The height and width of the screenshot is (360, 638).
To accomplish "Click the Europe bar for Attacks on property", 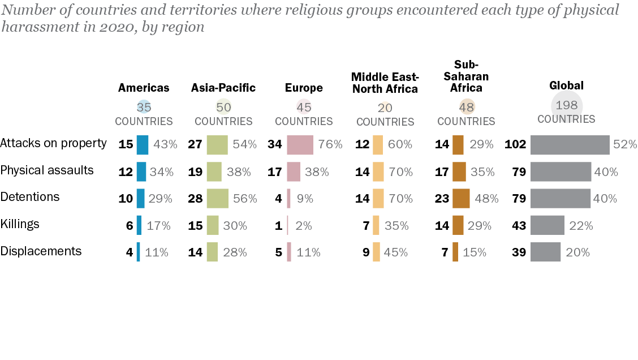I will [x=300, y=144].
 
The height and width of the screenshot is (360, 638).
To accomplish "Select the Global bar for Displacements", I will [x=545, y=252].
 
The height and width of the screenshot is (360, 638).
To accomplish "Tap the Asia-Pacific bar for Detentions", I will [x=217, y=199].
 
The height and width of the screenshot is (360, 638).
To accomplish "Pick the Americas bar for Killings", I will [x=139, y=225].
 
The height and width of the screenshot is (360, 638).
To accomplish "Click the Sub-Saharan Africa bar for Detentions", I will [x=461, y=199].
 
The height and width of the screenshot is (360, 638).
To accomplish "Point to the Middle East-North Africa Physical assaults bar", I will [x=378, y=172].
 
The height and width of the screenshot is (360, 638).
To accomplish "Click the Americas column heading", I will [x=144, y=88].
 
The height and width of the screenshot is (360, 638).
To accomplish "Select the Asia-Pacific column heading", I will [x=223, y=88].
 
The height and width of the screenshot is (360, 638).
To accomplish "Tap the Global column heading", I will [x=566, y=86].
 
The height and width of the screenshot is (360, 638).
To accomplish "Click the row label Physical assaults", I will [x=47, y=170].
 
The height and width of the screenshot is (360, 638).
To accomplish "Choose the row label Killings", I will [x=20, y=224].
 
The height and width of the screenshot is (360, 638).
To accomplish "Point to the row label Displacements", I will [x=41, y=251].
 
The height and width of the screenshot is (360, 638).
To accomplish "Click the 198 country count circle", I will [x=567, y=105].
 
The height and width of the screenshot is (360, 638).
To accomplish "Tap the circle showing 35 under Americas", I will [x=144, y=107].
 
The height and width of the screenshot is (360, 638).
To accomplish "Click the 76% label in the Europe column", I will [x=330, y=144].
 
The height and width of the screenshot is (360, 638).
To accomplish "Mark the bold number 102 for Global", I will [x=515, y=144].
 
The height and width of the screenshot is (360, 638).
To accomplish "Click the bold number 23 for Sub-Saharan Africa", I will [x=442, y=199].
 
